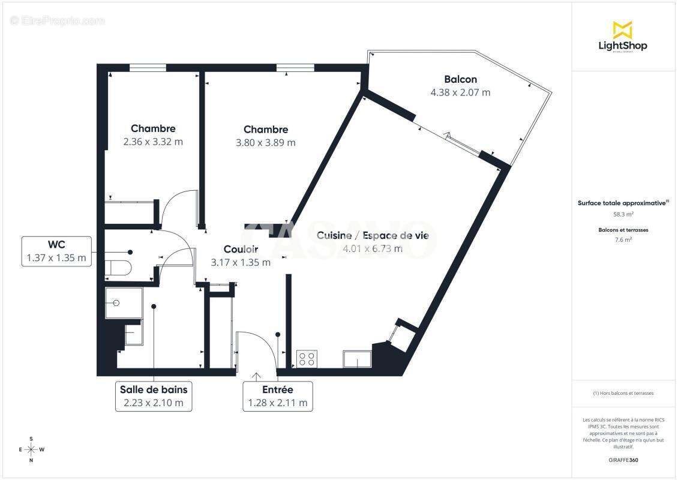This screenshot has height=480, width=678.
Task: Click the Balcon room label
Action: pyautogui.click(x=461, y=79)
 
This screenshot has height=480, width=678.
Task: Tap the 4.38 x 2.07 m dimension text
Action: pyautogui.click(x=460, y=92)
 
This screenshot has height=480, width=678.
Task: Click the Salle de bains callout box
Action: pyautogui.click(x=154, y=396)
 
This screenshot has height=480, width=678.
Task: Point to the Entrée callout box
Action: pyautogui.click(x=278, y=396)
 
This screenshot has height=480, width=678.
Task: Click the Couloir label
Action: pyautogui.click(x=241, y=249)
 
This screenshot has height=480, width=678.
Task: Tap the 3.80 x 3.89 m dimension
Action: pyautogui.click(x=266, y=143)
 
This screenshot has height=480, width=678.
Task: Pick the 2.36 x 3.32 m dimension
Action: pyautogui.click(x=153, y=142)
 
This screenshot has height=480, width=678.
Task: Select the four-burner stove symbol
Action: pyautogui.click(x=307, y=359)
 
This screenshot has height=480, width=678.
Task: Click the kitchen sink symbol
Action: pyautogui.click(x=358, y=359)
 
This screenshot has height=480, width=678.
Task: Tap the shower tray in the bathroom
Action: pyautogui.click(x=124, y=302)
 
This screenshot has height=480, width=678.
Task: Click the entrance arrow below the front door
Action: pyautogui.click(x=256, y=376)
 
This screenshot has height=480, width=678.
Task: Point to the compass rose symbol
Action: pyautogui.click(x=31, y=449)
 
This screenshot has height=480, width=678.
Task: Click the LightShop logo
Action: pyautogui.click(x=623, y=37)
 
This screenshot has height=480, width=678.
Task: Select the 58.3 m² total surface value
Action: pyautogui.click(x=623, y=214)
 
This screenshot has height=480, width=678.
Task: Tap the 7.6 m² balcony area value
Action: pyautogui.click(x=623, y=239)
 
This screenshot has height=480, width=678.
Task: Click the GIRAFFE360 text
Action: pyautogui.click(x=623, y=460)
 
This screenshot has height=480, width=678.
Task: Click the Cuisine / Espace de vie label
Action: pyautogui.click(x=373, y=236)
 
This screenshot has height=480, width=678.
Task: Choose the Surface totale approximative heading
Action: pyautogui.click(x=622, y=203)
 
